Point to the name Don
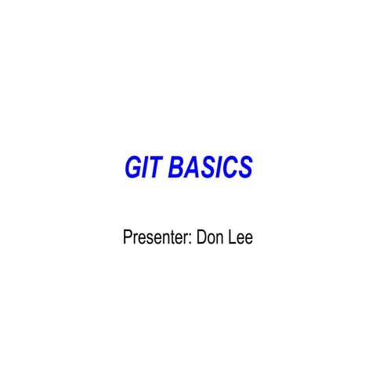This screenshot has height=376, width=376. click(x=212, y=237)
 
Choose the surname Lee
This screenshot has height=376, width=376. click(x=240, y=237)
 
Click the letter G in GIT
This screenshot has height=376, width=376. click(x=133, y=168)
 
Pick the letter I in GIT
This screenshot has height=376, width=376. click(x=146, y=168)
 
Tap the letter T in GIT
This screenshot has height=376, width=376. click(x=156, y=168)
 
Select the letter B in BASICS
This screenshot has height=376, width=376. click(x=176, y=168)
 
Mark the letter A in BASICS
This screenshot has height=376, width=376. click(x=190, y=168)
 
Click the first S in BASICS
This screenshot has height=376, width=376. click(x=204, y=168)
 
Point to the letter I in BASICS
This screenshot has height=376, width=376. click(x=215, y=168)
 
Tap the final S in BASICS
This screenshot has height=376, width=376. click(x=243, y=168)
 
